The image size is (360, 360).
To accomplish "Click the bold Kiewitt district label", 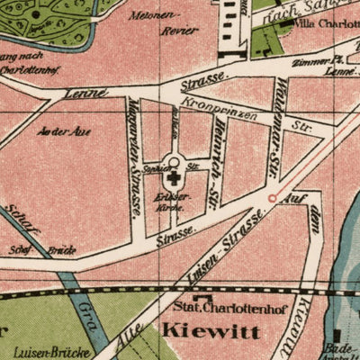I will coord(211,332).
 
